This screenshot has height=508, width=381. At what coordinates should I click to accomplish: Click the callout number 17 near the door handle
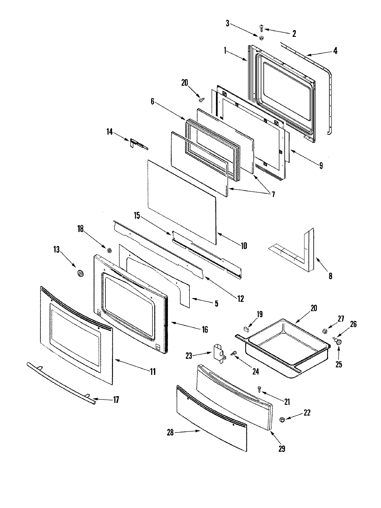coord(116,399)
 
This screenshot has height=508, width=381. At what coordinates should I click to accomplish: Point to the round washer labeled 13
coord(79,273)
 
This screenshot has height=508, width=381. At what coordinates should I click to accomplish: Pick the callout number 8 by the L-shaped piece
coord(330,276)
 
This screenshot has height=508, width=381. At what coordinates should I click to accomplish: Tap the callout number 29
coord(281,449)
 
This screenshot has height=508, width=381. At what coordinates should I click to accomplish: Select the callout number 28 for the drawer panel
coord(170,432)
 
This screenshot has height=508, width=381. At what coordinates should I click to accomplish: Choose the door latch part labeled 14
coord(135,143)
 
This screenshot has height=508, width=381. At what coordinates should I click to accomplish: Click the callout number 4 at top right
coord(335,50)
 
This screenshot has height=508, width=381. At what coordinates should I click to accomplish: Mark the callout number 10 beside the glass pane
coord(244,245)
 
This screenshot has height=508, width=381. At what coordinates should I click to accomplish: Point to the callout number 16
coord(205,329)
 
